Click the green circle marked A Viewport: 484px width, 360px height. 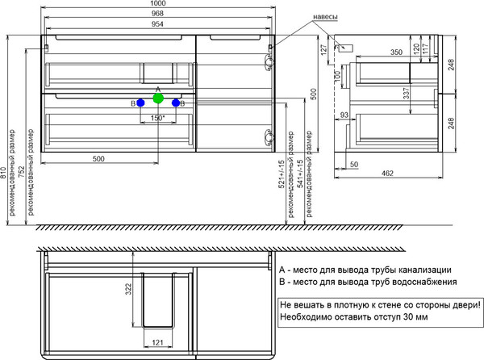[x=158, y=99]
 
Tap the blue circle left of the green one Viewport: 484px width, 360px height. [x=140, y=103]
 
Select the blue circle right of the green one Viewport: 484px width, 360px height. [x=176, y=103]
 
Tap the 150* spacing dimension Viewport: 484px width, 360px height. [x=158, y=119]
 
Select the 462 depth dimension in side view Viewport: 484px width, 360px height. [x=386, y=173]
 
